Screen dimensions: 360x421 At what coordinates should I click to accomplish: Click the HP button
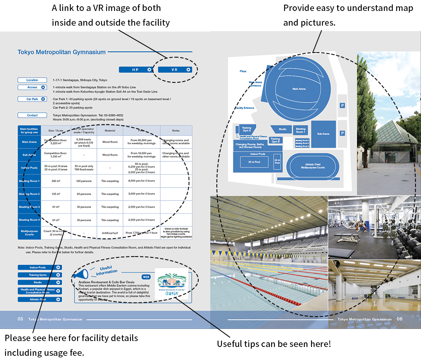pyautogui.click(x=135, y=70)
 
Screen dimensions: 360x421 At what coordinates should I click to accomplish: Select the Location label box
pyautogui.click(x=32, y=80)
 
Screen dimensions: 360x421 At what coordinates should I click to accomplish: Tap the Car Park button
pyautogui.click(x=32, y=99)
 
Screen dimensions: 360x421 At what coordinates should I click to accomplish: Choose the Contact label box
pyautogui.click(x=32, y=115)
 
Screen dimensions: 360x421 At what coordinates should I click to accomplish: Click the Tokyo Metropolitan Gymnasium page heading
pyautogui.click(x=61, y=52)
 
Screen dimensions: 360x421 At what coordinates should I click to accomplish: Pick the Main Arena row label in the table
pyautogui.click(x=29, y=142)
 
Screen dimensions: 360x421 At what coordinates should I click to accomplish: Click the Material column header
pyautogui.click(x=110, y=130)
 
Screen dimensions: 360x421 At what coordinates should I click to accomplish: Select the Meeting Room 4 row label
pyautogui.click(x=29, y=220)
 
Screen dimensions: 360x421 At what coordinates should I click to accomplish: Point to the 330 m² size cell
pyautogui.click(x=56, y=181)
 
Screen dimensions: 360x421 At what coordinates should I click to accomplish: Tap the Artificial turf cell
pyautogui.click(x=110, y=233)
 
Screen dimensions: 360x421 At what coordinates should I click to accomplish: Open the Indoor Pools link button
pyautogui.click(x=40, y=267)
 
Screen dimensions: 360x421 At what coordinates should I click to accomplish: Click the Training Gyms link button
pyautogui.click(x=40, y=275)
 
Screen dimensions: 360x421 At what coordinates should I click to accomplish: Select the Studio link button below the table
pyautogui.click(x=40, y=282)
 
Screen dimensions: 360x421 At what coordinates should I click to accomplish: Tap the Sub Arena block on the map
pyautogui.click(x=323, y=134)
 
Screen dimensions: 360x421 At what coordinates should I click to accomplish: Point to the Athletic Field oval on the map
pyautogui.click(x=312, y=166)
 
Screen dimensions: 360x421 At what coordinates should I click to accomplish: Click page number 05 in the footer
pyautogui.click(x=20, y=319)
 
